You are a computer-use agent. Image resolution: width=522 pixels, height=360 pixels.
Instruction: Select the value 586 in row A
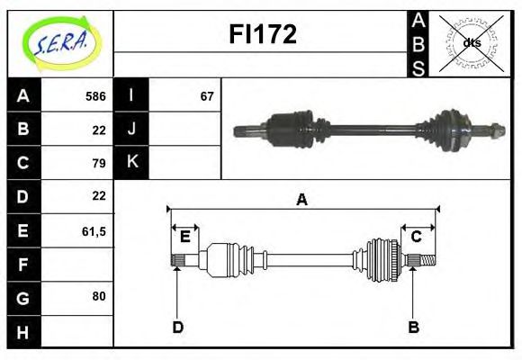[95, 96]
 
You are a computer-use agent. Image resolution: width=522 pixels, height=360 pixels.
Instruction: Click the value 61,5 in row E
[94, 230]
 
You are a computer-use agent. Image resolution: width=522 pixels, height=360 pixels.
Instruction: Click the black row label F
[22, 265]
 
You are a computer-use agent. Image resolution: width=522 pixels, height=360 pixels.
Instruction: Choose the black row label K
[132, 163]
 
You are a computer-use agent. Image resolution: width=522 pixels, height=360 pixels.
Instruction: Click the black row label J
[132, 130]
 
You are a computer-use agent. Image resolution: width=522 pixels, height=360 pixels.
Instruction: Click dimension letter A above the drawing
[302, 200]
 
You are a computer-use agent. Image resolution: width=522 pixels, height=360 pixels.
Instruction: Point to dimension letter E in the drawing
[184, 237]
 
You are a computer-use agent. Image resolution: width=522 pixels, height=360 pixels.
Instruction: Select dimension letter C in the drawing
[417, 237]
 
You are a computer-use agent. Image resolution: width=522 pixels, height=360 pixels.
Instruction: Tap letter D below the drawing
[177, 327]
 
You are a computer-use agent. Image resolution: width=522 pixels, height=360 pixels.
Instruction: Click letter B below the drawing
[413, 327]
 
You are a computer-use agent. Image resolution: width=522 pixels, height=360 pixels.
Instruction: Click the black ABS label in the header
[418, 43]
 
